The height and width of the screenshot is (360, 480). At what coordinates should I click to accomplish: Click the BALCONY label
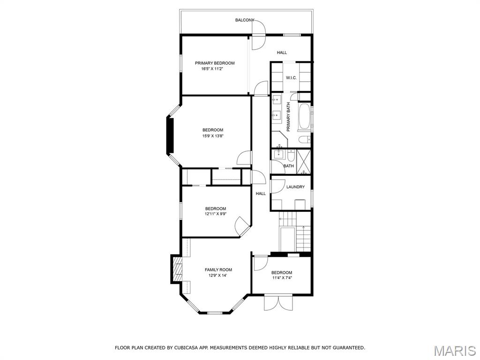pyautogui.click(x=245, y=20)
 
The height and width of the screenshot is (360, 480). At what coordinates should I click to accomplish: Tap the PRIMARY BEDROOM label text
pyautogui.click(x=215, y=63)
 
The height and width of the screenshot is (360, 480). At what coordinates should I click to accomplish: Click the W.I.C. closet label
pyautogui.click(x=291, y=78)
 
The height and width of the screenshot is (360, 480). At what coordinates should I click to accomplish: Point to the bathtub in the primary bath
pyautogui.click(x=304, y=117)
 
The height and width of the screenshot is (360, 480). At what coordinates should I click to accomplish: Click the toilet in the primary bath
pyautogui.click(x=304, y=140)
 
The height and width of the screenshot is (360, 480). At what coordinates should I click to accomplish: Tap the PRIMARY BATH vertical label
pyautogui.click(x=288, y=117)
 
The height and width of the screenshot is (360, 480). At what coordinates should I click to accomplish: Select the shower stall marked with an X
pyautogui.click(x=304, y=162)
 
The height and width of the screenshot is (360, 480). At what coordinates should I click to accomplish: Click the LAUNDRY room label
pyautogui.click(x=295, y=187)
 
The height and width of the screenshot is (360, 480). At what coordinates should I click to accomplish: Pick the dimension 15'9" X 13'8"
pyautogui.click(x=213, y=136)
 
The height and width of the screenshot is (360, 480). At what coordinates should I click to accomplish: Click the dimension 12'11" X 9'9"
pyautogui.click(x=216, y=214)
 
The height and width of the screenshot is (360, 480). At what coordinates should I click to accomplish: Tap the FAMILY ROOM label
pyautogui.click(x=218, y=270)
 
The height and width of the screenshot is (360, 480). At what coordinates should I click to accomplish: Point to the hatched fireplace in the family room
pyautogui.click(x=177, y=269)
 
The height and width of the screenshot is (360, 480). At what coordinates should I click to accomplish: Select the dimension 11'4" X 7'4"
pyautogui.click(x=282, y=278)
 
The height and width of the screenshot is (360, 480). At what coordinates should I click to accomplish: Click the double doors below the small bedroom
pyautogui.click(x=278, y=302)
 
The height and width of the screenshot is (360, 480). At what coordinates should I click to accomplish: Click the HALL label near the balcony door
pyautogui.click(x=282, y=52)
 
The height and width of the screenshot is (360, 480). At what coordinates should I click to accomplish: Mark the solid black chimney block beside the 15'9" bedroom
pyautogui.click(x=170, y=135)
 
